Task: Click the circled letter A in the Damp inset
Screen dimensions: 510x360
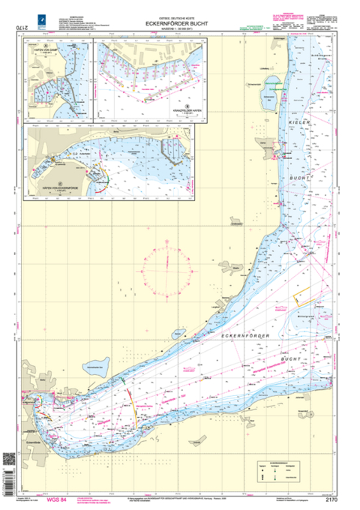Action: [46, 46]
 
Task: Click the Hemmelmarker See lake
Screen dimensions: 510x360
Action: [94, 367]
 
